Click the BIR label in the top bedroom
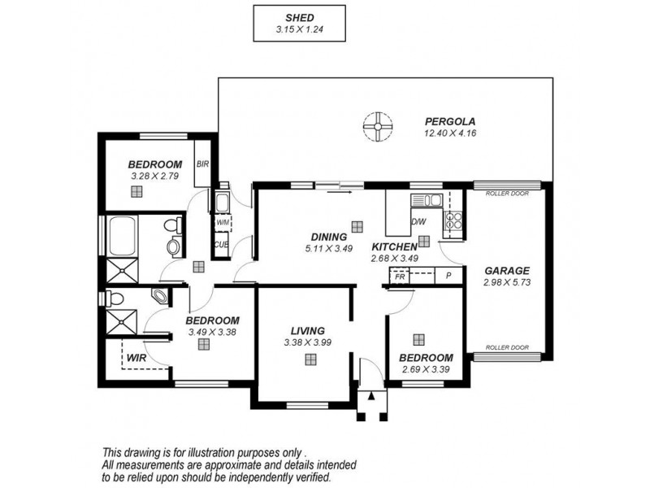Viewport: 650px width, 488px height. (203, 164)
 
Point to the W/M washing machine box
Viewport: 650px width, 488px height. (222, 221)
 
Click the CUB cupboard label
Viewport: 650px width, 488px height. (220, 244)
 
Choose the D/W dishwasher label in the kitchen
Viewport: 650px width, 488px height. (419, 221)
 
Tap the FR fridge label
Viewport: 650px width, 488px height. (400, 277)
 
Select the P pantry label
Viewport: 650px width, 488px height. (448, 277)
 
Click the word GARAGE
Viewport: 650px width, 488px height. (507, 271)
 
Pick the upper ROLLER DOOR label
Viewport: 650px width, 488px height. (508, 194)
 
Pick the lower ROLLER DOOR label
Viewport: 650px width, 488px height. (508, 347)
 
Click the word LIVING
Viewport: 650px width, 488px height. (308, 331)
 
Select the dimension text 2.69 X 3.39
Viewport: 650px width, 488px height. (427, 370)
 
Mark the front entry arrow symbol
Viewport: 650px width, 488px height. (372, 398)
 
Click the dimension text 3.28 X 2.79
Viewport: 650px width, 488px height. (154, 175)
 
